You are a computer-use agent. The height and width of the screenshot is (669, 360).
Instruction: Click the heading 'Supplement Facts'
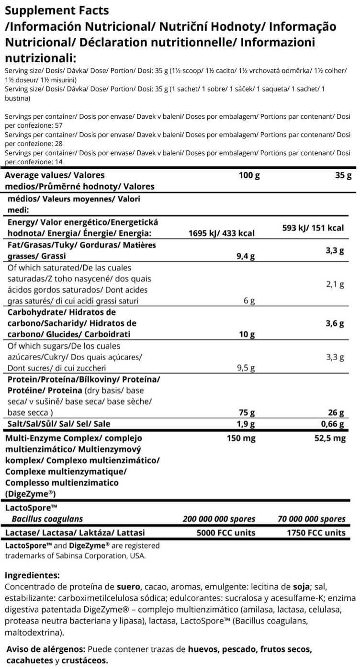pyautogui.click(x=56, y=10)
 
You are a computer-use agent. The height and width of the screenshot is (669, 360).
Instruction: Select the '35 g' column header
pyautogui.click(x=343, y=176)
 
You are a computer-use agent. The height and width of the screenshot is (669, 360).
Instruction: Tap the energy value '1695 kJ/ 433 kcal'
pyautogui.click(x=222, y=233)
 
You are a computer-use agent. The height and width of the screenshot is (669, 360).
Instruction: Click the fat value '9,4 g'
pyautogui.click(x=246, y=256)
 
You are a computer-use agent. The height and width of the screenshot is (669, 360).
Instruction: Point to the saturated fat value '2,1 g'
pyautogui.click(x=335, y=284)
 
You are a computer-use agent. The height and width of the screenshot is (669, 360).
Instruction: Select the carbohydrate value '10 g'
pyautogui.click(x=247, y=334)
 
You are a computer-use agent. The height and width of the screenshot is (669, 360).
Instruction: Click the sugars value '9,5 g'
pyautogui.click(x=246, y=368)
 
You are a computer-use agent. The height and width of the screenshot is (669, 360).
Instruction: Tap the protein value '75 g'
pyautogui.click(x=247, y=412)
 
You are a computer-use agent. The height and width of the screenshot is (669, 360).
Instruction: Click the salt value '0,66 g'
pyautogui.click(x=332, y=424)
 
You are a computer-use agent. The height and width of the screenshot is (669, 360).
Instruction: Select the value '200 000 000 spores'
pyautogui.click(x=219, y=519)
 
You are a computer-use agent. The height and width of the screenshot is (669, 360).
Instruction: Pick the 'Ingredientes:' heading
pyautogui.click(x=32, y=575)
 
